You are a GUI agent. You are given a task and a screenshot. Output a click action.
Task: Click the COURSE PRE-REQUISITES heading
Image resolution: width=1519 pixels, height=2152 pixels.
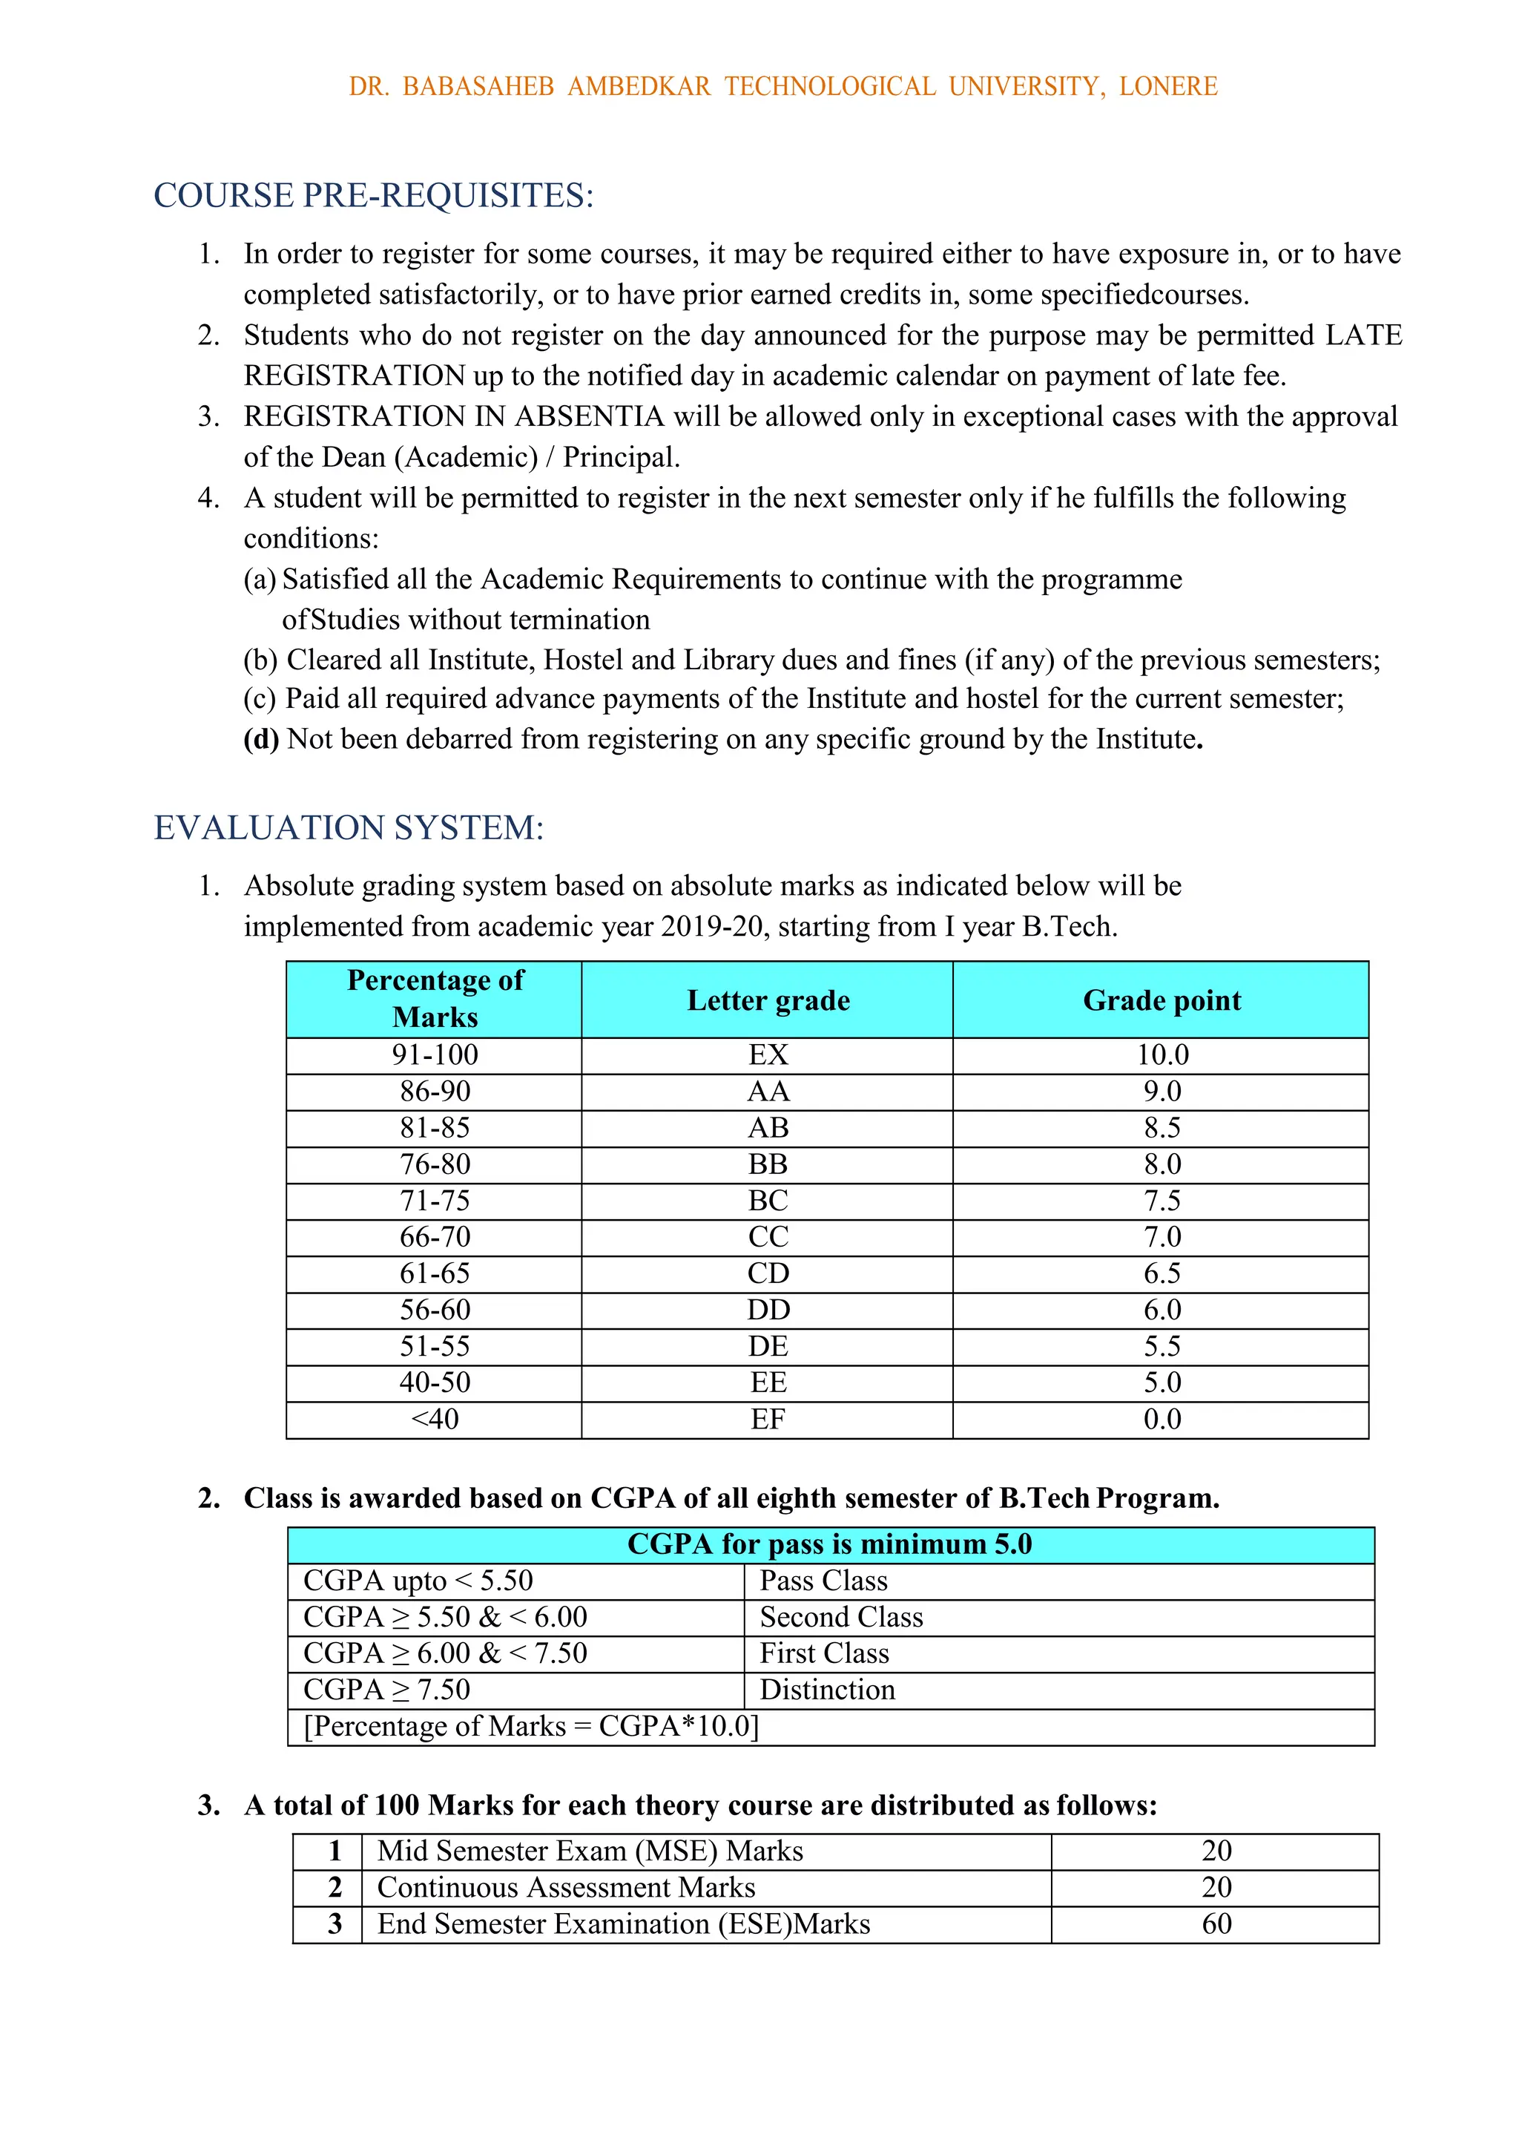click(373, 196)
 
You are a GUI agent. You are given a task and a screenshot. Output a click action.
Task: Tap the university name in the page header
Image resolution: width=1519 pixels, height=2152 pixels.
click(782, 86)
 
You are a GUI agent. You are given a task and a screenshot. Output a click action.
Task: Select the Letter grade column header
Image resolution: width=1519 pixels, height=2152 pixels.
click(768, 1000)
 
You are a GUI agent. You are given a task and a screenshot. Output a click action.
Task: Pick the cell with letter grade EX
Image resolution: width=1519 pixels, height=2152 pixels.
click(768, 1055)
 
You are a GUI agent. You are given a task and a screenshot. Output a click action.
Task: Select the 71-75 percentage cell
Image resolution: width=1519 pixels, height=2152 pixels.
click(435, 1201)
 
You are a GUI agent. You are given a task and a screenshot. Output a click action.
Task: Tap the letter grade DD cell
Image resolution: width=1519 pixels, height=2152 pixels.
click(768, 1310)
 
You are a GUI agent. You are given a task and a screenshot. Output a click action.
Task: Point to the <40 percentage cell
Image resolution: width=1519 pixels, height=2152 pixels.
click(435, 1419)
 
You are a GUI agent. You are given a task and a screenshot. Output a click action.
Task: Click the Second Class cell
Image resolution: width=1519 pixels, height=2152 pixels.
click(840, 1617)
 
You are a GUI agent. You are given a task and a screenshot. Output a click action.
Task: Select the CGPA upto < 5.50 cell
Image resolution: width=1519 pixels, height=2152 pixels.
click(418, 1581)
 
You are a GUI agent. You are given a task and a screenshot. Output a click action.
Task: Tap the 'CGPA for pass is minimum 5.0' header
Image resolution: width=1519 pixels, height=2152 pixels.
click(829, 1544)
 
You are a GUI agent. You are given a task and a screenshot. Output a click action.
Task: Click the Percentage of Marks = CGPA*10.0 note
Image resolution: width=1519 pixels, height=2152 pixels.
click(530, 1727)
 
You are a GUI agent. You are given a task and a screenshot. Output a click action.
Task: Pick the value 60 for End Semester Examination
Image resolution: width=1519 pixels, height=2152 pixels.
click(1216, 1924)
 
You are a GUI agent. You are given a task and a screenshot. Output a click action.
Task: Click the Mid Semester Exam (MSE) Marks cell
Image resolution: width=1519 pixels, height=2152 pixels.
click(590, 1851)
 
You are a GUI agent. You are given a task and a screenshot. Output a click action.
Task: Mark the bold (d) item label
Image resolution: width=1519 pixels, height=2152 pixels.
click(260, 740)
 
